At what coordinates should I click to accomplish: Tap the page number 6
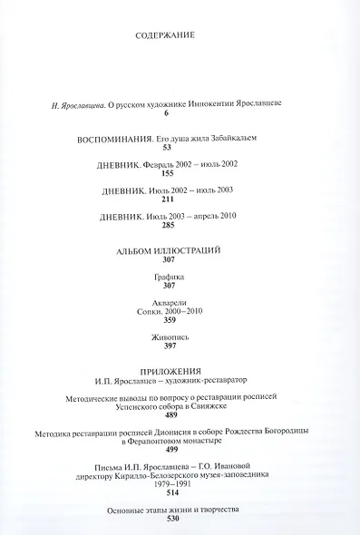coord(167,113)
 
